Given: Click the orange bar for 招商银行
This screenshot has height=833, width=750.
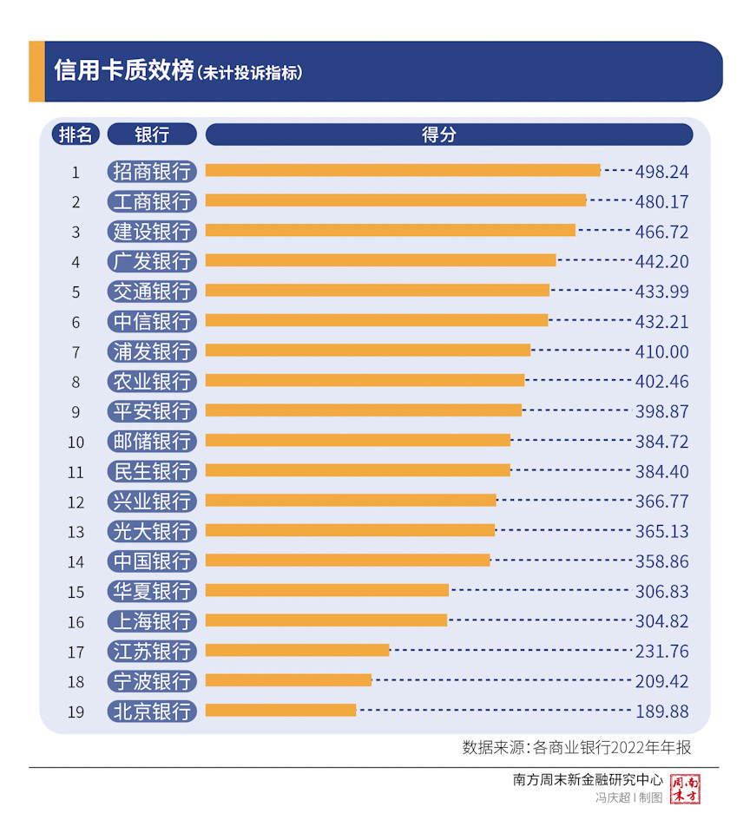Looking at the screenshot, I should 403,171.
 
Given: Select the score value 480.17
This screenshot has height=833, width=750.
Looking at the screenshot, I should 661,201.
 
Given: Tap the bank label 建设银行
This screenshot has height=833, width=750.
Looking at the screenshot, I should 153,232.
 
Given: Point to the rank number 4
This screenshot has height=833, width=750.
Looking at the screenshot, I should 76,262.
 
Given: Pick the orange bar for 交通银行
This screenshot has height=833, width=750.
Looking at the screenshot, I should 378,291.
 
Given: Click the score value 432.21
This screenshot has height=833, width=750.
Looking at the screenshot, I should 661,321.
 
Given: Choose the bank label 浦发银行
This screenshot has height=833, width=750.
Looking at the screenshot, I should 153,351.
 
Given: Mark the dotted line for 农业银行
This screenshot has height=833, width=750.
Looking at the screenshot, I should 576,380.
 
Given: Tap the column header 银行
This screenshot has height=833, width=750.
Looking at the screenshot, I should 153,134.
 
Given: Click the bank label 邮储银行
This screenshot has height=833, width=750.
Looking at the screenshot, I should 153,441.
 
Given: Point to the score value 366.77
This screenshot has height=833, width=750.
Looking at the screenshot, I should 661,502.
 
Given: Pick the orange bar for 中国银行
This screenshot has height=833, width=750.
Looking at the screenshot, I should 348,561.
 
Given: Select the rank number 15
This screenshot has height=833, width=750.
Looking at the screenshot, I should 76,592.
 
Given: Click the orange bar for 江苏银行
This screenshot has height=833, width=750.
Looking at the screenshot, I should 298,650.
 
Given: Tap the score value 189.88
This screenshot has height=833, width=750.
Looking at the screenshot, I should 661,712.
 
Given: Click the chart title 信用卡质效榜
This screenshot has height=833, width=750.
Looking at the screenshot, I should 123,71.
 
